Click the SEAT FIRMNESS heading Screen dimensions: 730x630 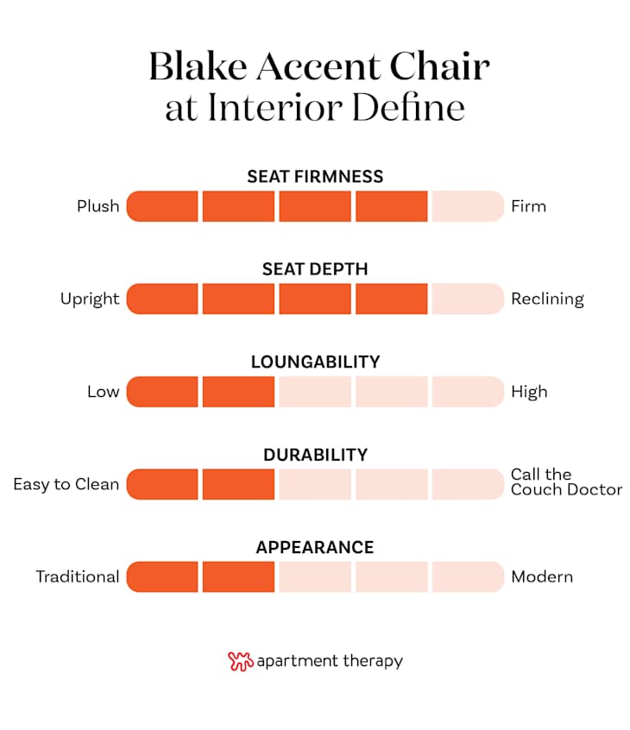[315, 176]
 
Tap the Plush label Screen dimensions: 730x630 [98, 206]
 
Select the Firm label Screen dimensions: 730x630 [528, 206]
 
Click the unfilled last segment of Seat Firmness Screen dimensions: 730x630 [467, 206]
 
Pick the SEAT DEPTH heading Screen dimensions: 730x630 [315, 269]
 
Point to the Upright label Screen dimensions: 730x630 [90, 299]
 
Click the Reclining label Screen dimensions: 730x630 [547, 299]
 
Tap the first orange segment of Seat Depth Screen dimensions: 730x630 [163, 299]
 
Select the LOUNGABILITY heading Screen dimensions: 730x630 [315, 362]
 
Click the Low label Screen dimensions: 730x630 [103, 392]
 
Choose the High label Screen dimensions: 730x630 [529, 392]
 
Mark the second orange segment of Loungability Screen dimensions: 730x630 [238, 392]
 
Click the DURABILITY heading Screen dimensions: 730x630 [315, 455]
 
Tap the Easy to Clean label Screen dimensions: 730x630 [66, 484]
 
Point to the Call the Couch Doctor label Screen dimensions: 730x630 [566, 481]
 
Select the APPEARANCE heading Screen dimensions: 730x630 [315, 547]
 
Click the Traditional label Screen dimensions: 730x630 [77, 576]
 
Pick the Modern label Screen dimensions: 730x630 [542, 576]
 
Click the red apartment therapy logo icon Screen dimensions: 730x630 [240, 661]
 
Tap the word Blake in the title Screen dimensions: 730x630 [199, 66]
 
